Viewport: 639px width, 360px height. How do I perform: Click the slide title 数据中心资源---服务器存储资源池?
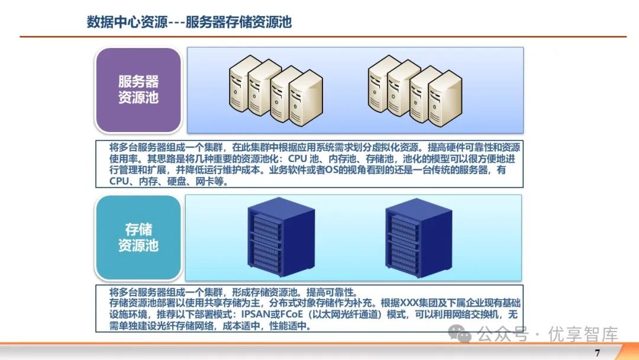(189, 22)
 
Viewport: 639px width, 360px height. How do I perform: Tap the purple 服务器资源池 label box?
(138, 90)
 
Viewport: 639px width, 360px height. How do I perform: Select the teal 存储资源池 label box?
(138, 237)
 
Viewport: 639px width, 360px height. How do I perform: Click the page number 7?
(597, 353)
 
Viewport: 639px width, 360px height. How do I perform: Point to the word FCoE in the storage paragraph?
(331, 314)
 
